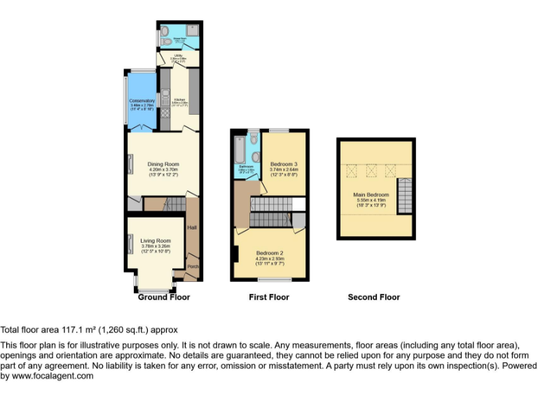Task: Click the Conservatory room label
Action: [142, 101]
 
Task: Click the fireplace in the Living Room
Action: [130, 245]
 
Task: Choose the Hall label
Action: [192, 227]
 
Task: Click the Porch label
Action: [192, 267]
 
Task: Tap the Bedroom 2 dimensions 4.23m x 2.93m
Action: [270, 258]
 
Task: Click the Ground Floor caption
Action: [163, 297]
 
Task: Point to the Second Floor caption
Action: [373, 297]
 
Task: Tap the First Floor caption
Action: [269, 297]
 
